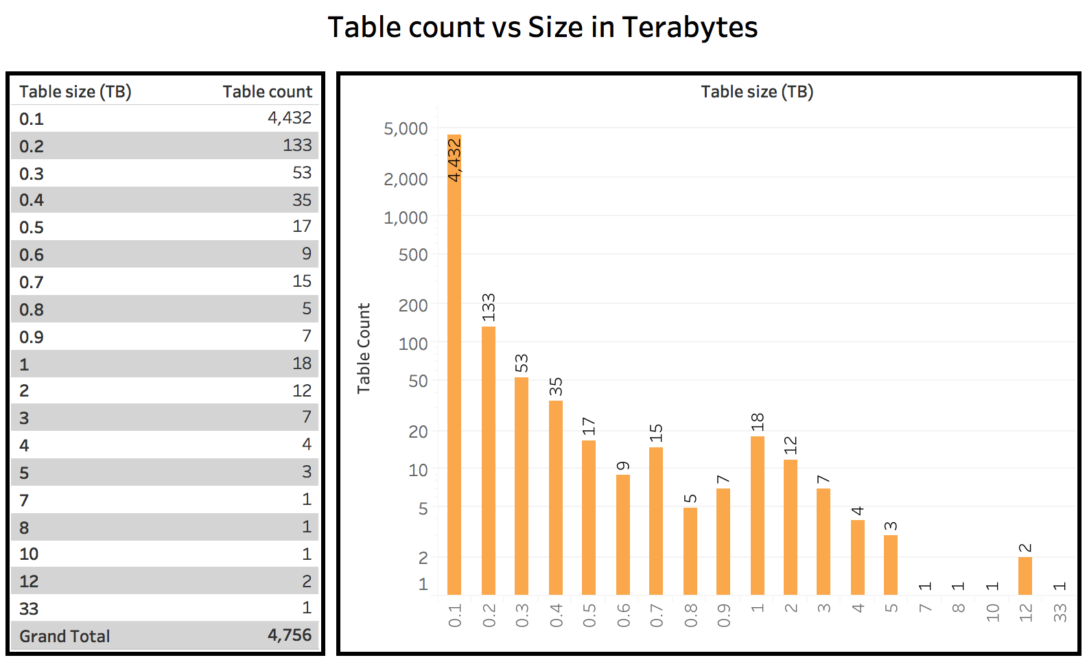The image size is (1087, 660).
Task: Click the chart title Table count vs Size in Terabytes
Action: click(x=542, y=27)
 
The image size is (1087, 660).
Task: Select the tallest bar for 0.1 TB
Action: click(x=454, y=364)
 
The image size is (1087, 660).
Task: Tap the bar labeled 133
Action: click(x=489, y=460)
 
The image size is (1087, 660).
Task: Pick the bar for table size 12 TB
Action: click(x=1025, y=576)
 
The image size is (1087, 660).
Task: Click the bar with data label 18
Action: click(x=758, y=515)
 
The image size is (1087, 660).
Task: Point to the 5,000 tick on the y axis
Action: click(x=406, y=128)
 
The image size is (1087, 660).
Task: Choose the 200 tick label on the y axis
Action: click(x=413, y=305)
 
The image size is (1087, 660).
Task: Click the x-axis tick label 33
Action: click(x=1060, y=612)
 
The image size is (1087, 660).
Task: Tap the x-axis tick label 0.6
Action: click(x=623, y=615)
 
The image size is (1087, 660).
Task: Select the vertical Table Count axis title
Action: click(x=364, y=348)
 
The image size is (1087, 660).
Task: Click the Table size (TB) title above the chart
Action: click(x=757, y=91)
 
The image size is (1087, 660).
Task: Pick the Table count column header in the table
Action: click(x=267, y=91)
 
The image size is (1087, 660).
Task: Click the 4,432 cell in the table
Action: click(x=290, y=118)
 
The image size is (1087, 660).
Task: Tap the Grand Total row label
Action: click(x=65, y=636)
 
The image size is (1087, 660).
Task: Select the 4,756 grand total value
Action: click(x=290, y=635)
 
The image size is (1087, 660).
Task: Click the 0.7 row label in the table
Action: click(x=32, y=282)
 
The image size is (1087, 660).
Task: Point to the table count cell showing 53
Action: click(x=302, y=172)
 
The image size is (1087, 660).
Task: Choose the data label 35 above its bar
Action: click(x=556, y=387)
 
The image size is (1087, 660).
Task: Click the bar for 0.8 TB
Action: click(x=690, y=550)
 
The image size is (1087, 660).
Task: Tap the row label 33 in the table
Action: click(x=29, y=609)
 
